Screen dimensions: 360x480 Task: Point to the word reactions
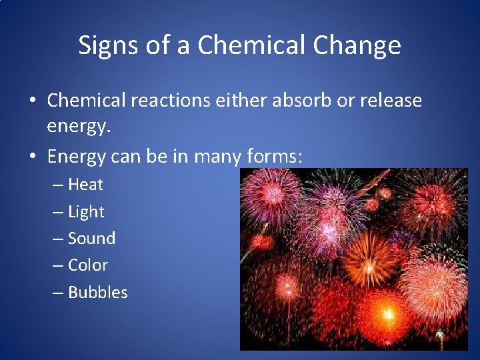coord(164,101)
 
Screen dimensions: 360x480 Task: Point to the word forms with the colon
coord(274,157)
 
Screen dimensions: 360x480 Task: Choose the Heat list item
coord(85,184)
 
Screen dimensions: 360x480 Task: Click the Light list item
coord(86,211)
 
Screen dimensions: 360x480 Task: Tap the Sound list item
coord(91,238)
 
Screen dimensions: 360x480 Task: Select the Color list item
coord(88,265)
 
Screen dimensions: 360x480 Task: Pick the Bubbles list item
coord(97,292)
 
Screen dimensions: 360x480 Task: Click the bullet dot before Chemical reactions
coord(32,101)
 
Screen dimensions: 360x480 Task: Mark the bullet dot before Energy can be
coord(32,157)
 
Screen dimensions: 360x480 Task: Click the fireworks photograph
coord(354,259)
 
